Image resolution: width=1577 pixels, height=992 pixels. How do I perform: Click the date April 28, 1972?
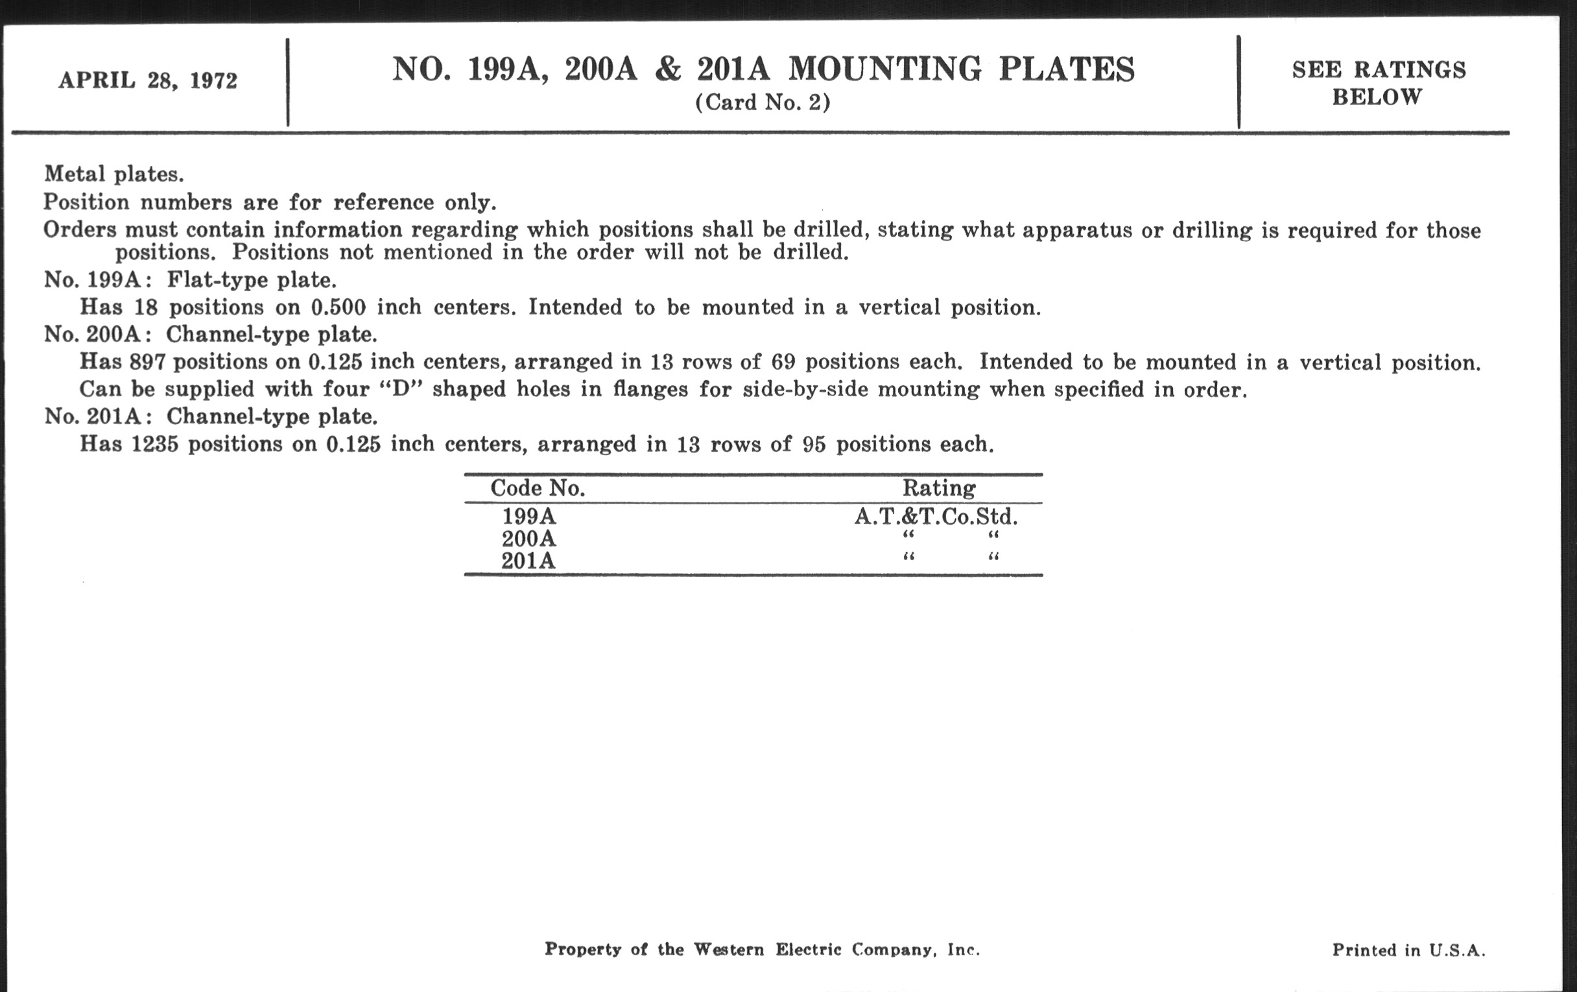[148, 80]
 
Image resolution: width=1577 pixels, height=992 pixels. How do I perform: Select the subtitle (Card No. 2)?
[763, 103]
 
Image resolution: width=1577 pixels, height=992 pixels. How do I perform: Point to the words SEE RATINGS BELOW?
[1378, 83]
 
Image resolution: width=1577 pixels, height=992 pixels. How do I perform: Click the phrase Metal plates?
[114, 174]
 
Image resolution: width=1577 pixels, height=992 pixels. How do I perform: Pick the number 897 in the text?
[147, 362]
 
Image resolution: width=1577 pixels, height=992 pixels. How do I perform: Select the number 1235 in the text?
[154, 445]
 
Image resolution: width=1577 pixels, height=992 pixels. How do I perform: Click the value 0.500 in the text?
[338, 307]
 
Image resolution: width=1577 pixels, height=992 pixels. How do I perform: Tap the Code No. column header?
[537, 488]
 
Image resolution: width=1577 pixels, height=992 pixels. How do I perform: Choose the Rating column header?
[938, 488]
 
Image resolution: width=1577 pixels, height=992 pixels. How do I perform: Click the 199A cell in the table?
[528, 517]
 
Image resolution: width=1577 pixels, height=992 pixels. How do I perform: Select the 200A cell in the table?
[528, 539]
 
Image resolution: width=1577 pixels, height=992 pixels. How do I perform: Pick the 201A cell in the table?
[528, 561]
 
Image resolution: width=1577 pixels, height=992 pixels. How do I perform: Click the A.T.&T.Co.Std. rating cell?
[936, 517]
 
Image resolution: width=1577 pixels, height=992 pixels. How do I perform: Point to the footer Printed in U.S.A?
[1408, 950]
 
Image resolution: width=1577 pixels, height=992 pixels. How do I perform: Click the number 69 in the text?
[783, 362]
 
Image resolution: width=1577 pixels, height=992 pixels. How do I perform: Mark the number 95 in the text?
[814, 445]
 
